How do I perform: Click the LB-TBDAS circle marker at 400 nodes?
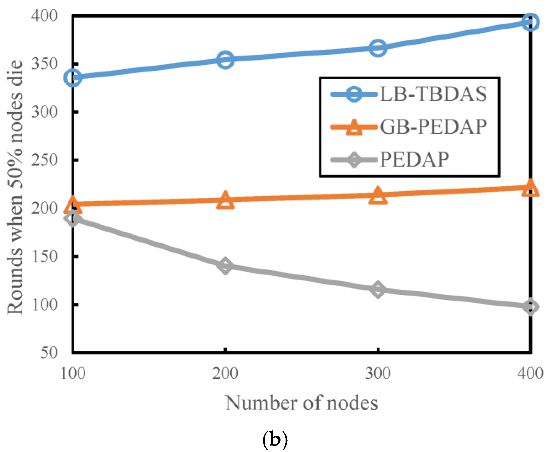530,22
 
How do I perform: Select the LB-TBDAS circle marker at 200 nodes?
225,60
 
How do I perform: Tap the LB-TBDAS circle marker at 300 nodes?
378,48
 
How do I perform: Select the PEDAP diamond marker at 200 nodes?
225,266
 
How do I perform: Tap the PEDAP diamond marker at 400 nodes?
530,307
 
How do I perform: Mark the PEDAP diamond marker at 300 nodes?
378,289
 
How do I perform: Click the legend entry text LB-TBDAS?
433,94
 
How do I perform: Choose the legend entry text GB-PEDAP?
433,127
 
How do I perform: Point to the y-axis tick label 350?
44,64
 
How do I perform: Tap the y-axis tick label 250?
44,160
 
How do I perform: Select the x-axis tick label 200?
225,373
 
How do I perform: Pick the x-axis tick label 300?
378,373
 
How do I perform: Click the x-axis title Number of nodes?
302,403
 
